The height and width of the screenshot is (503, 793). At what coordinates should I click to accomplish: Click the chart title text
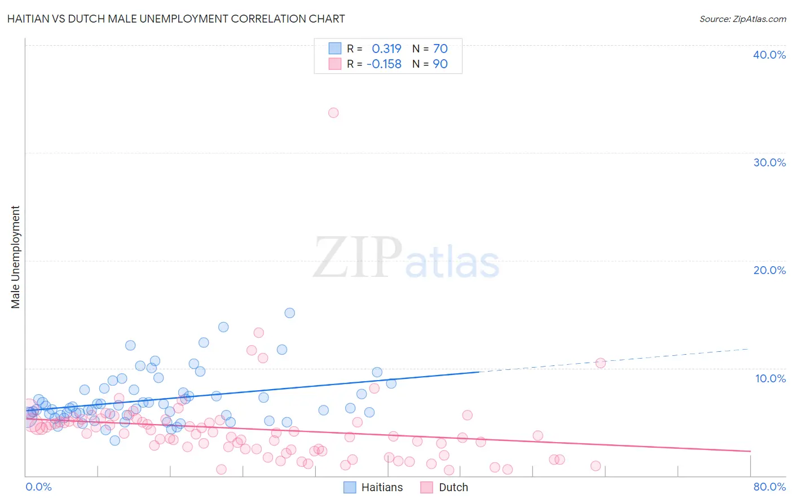click(x=176, y=19)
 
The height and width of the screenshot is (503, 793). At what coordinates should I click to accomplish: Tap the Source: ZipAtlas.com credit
click(x=742, y=19)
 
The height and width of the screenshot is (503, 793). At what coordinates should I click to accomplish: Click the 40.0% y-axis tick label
click(x=769, y=55)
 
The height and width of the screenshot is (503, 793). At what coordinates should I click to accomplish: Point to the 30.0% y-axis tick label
click(x=769, y=162)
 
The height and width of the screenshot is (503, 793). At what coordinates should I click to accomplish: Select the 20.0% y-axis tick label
click(x=769, y=270)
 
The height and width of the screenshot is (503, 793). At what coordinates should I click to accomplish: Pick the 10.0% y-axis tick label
click(x=770, y=378)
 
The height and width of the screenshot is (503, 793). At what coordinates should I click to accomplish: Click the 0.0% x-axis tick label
click(x=39, y=487)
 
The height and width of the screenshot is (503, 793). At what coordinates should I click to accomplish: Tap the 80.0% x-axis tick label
click(x=769, y=487)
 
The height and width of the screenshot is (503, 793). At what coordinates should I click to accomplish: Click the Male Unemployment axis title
click(x=16, y=257)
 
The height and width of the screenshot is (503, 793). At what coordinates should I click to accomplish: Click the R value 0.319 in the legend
click(x=386, y=48)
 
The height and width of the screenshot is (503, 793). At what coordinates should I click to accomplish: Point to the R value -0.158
click(x=384, y=64)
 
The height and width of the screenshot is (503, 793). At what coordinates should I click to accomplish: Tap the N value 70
click(x=440, y=48)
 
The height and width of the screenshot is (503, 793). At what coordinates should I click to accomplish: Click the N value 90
click(x=440, y=64)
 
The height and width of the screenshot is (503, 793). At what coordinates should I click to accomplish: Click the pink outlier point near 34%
click(x=333, y=113)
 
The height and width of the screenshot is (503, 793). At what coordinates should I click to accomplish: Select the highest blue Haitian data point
click(x=290, y=313)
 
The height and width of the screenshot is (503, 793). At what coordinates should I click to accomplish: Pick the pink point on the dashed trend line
click(x=601, y=363)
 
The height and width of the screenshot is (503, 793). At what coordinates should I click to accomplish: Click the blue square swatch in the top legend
click(x=335, y=48)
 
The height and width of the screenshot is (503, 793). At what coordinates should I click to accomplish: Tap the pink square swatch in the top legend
click(x=335, y=64)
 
